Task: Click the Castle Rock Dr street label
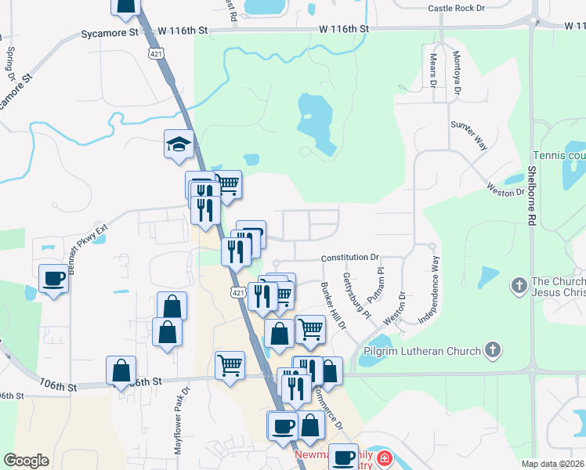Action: tap(458, 9)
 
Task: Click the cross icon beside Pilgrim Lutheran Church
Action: tap(492, 349)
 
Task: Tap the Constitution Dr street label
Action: tap(349, 257)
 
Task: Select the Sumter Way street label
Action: tap(468, 136)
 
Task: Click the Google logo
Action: tap(26, 461)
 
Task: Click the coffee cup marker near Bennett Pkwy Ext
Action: tap(53, 277)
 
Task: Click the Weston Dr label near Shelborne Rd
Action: tap(505, 190)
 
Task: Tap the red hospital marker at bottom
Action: tap(384, 458)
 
